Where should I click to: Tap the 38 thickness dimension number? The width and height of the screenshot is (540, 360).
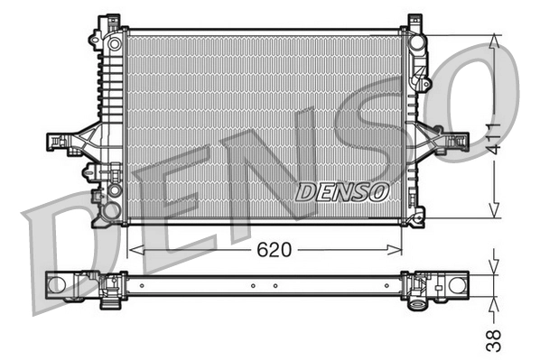pyautogui.click(x=494, y=338)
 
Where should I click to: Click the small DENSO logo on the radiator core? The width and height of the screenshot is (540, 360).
pyautogui.click(x=342, y=191)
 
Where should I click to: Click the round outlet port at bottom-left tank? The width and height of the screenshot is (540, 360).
pyautogui.click(x=111, y=210)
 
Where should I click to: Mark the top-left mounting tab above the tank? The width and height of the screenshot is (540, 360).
pyautogui.click(x=110, y=20)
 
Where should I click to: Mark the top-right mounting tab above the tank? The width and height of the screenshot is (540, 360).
pyautogui.click(x=414, y=20)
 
